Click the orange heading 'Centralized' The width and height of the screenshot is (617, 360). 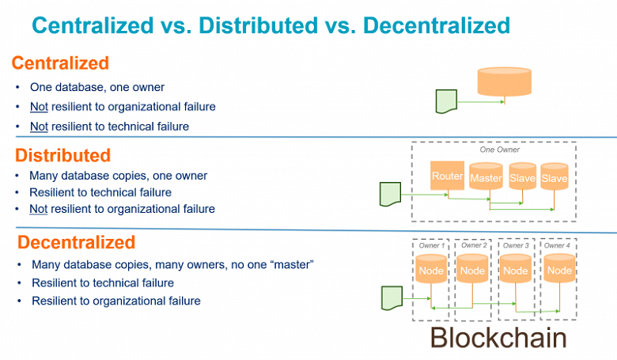[x=61, y=63]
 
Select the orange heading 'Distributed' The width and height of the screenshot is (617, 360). [x=63, y=155]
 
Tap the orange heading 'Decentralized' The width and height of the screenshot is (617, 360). [x=77, y=242]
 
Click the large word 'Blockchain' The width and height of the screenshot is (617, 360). [x=498, y=338]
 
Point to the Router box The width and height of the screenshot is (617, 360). [x=447, y=176]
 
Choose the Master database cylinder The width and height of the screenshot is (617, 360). [x=486, y=178]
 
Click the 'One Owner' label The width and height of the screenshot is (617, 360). [x=500, y=149]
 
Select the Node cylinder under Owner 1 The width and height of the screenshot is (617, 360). [x=430, y=270]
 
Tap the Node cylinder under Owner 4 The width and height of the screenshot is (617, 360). [x=559, y=270]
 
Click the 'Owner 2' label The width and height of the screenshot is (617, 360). [x=473, y=245]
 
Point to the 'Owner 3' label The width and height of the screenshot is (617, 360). [x=517, y=245]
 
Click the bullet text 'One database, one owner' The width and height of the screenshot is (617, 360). [x=97, y=87]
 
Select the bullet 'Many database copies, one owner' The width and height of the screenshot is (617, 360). [x=118, y=176]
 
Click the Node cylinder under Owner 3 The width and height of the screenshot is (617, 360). [x=516, y=270]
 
